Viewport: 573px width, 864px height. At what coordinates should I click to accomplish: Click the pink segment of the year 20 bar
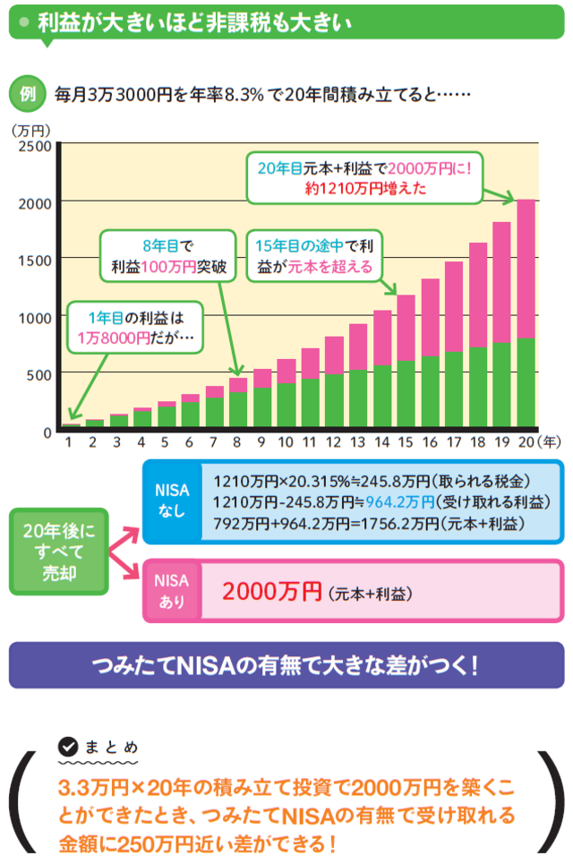coord(526,269)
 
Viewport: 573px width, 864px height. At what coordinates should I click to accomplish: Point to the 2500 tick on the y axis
coord(36,145)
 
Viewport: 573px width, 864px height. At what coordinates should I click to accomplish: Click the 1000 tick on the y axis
coord(36,317)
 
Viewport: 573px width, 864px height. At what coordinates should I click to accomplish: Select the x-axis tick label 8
coord(237,442)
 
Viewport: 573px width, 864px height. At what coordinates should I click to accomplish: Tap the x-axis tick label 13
coord(357,442)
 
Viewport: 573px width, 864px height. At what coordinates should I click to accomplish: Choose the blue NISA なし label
coord(171,500)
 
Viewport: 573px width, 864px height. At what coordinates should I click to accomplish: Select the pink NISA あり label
coord(171,590)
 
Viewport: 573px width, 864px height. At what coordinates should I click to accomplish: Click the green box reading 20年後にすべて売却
coord(58,552)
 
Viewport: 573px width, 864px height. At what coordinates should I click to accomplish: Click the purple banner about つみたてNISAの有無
coord(286,665)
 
